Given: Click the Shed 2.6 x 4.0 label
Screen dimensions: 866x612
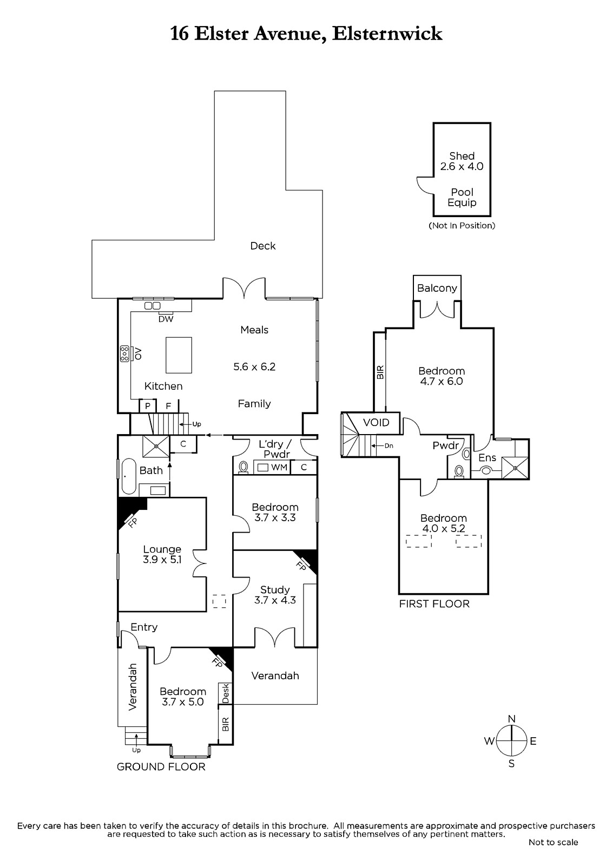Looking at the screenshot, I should (462, 161).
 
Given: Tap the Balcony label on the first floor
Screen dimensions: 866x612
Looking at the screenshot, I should (437, 288).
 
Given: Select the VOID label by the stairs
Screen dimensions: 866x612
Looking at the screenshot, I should (376, 422).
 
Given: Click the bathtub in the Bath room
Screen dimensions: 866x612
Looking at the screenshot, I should (128, 476).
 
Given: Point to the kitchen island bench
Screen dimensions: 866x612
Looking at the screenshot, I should (179, 355).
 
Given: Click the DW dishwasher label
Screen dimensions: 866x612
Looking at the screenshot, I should (166, 319).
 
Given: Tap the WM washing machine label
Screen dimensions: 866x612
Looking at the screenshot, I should (279, 467).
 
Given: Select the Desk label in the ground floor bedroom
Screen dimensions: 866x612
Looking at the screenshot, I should (226, 693).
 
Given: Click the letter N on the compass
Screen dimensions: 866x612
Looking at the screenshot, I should (511, 718).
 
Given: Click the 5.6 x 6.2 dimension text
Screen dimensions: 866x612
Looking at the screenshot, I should (254, 366).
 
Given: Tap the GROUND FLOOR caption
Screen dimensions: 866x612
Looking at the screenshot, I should (161, 766).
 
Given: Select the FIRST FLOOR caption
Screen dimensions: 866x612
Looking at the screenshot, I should (434, 603).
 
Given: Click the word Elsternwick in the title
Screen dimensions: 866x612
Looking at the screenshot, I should (387, 34).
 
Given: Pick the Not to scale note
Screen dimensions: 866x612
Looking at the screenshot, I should (553, 842).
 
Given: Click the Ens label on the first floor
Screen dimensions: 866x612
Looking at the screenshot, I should (487, 458).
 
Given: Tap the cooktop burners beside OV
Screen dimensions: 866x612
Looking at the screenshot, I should (124, 353).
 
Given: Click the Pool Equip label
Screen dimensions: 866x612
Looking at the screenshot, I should (462, 197).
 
